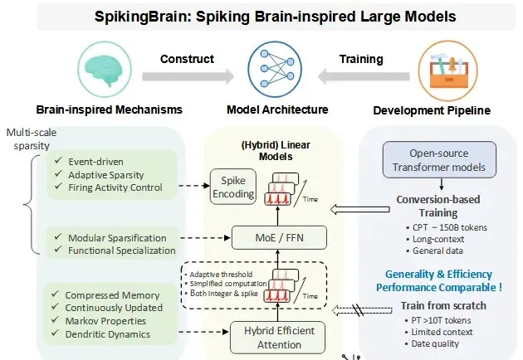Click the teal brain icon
tap(104, 71)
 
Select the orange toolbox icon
tap(448, 71)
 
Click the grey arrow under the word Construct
tap(188, 76)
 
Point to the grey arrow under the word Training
tap(364, 76)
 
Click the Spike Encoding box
tap(233, 187)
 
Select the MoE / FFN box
tap(279, 238)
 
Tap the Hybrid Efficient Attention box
tap(278, 338)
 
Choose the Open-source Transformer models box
tap(439, 159)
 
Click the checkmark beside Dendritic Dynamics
tap(56, 333)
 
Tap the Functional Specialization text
tap(122, 251)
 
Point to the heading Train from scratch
tap(443, 305)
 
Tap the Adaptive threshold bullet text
tap(221, 275)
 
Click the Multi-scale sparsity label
tap(32, 139)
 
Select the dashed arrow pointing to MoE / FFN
tap(205, 238)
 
